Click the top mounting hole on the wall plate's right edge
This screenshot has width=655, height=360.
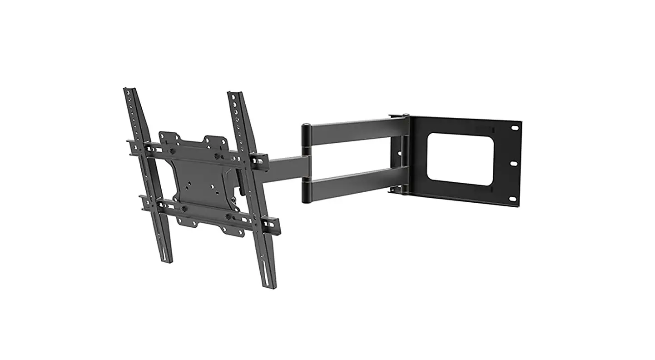click(x=515, y=128)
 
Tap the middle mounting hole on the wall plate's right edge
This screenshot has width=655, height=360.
click(x=513, y=163)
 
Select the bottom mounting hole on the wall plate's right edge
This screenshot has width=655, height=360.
click(x=512, y=199)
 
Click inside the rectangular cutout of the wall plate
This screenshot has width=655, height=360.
click(x=460, y=159)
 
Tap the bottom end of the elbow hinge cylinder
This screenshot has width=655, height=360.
click(x=307, y=200)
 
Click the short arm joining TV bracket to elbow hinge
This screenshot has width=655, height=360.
click(x=286, y=169)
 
